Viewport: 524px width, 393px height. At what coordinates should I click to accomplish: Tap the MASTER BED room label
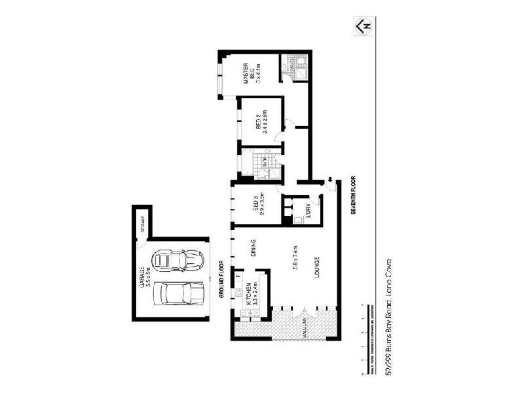249,73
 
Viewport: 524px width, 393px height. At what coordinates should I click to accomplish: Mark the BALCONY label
305,333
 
